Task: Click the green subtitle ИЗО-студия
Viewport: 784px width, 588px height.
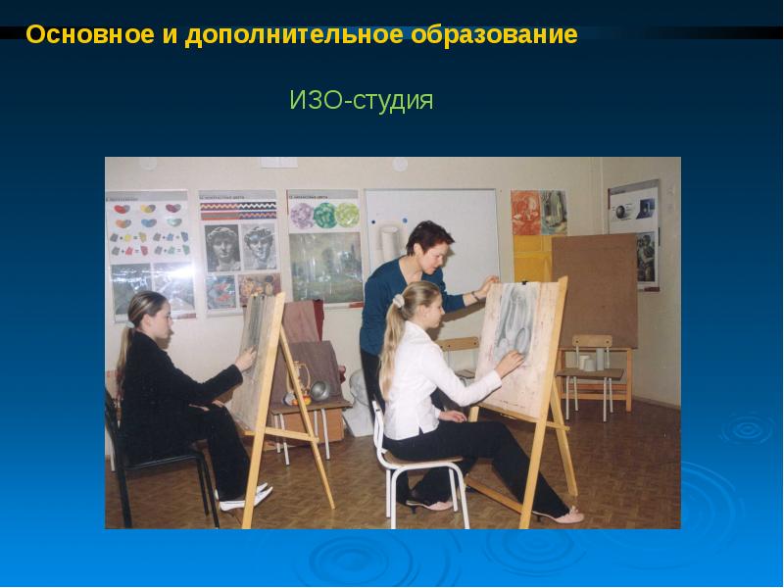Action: click(361, 101)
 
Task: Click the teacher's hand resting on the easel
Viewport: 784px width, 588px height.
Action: click(480, 292)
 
